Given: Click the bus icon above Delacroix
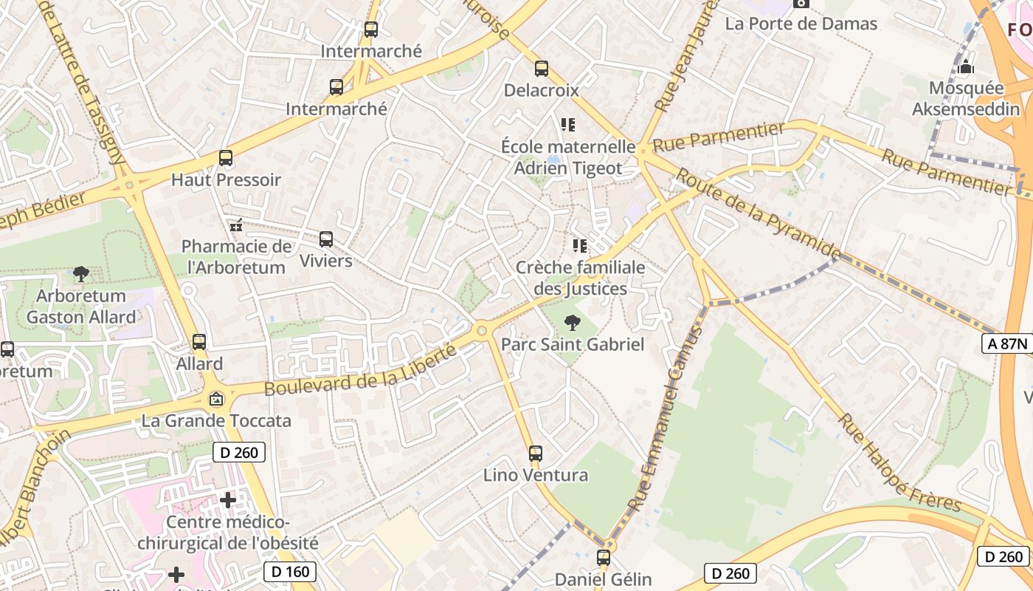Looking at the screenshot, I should coord(542,69).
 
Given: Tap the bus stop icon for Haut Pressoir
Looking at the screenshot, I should coord(226,158).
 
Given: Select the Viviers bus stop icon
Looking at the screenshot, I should coord(326,239).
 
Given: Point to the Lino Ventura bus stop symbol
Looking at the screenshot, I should coord(536,454).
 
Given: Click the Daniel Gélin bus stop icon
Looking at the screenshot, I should coord(604,558).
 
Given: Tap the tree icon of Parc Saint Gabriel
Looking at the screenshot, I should coord(571,323).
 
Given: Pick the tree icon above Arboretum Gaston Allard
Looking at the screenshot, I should coord(81,275).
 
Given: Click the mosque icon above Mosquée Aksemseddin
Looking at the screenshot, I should coord(966,67).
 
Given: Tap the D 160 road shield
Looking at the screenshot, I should coord(290,571).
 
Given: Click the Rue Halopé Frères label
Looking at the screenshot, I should coord(899,463).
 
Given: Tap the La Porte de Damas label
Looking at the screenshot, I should coord(801,24).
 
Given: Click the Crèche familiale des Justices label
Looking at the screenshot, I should coord(580,278).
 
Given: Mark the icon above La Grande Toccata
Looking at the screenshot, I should coord(216,399).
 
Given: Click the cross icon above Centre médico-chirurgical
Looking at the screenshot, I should coord(228,500).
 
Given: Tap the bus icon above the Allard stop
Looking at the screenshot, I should coord(199,342).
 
